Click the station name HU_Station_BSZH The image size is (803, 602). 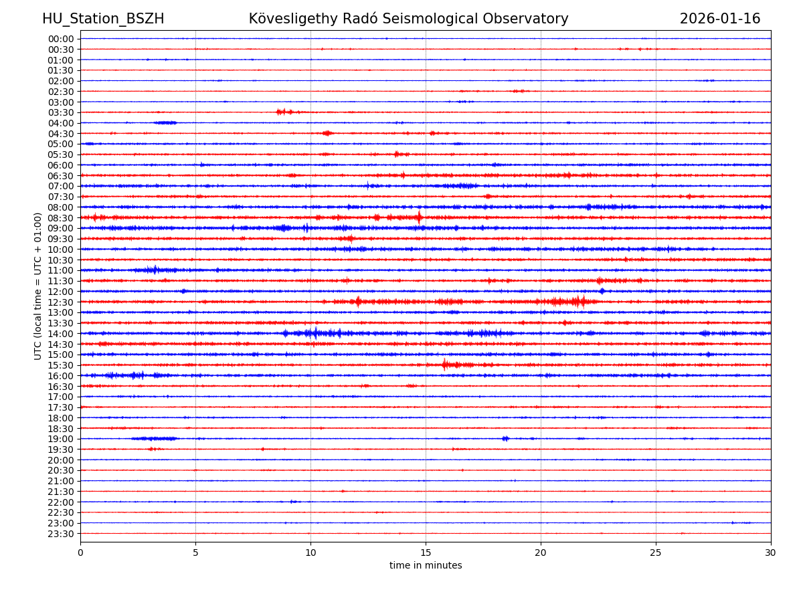pos(103,19)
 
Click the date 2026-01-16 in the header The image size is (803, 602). pos(720,19)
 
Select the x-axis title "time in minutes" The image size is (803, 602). pos(426,566)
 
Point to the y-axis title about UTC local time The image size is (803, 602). pos(38,286)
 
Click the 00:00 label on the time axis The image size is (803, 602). pos(61,39)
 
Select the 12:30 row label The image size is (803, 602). pos(61,302)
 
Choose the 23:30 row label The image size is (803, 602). pos(61,534)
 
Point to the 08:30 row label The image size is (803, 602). pos(61,218)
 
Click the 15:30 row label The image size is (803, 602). pos(61,365)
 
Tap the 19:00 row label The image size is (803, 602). pos(61,439)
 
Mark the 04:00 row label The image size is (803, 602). pos(61,123)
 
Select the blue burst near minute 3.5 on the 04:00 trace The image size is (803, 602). pos(165,122)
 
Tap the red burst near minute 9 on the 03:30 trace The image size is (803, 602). pos(284,112)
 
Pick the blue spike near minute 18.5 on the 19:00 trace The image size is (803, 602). pos(505,439)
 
